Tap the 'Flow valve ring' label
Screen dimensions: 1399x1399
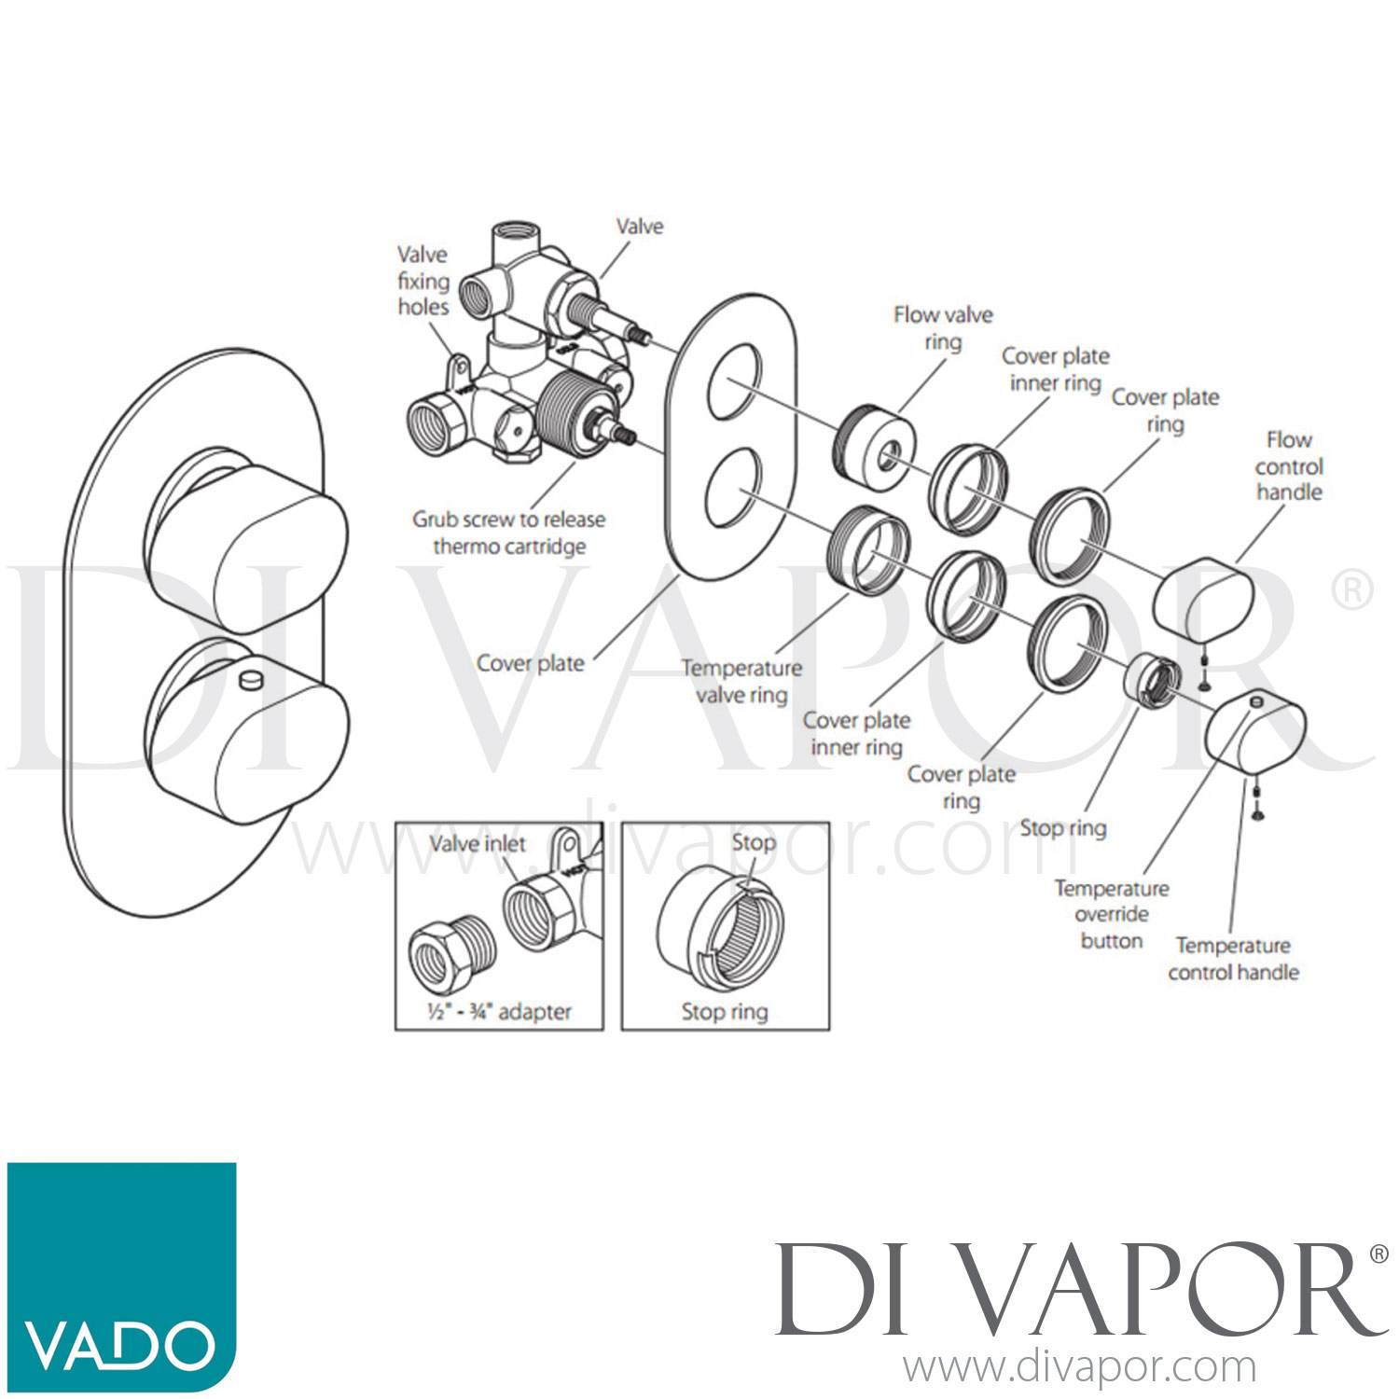[x=943, y=328]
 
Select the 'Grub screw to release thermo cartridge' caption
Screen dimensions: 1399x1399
[x=509, y=533]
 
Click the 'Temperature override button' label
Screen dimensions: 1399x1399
[x=1112, y=914]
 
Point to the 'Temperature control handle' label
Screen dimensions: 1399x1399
[x=1233, y=959]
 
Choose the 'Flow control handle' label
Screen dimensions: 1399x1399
[x=1289, y=465]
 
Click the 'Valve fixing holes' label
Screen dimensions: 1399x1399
[x=423, y=281]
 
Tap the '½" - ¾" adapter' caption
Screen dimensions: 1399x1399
[x=499, y=1011]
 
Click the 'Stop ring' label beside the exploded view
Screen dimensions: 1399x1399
[x=1063, y=828]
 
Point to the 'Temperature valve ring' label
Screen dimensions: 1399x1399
[x=741, y=681]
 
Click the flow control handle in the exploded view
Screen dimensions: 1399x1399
[x=1203, y=598]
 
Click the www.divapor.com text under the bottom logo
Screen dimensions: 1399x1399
[x=1079, y=1367]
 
